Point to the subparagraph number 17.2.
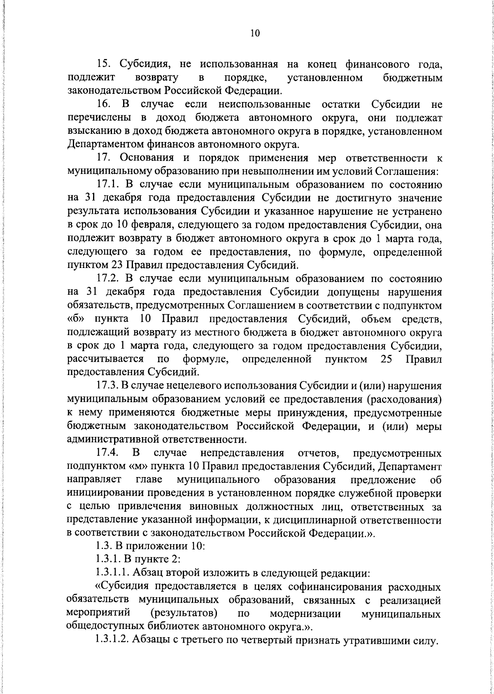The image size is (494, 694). [x=109, y=279]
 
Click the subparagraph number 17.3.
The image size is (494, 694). [x=109, y=386]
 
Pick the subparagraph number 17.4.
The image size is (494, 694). [x=108, y=453]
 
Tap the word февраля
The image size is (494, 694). [x=162, y=226]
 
